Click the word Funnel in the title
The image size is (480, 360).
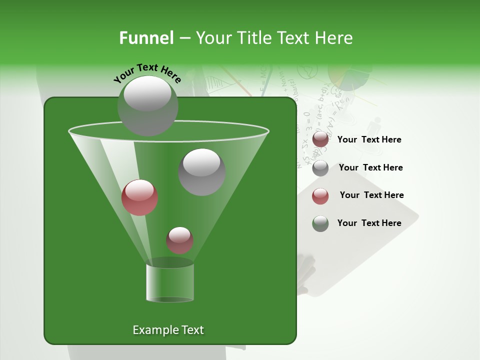click(146, 38)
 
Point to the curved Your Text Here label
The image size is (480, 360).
click(147, 73)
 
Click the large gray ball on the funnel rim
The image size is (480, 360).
click(147, 105)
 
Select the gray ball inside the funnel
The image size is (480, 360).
click(202, 171)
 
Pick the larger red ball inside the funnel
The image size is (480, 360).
click(140, 197)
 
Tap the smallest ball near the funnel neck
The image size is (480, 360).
click(179, 240)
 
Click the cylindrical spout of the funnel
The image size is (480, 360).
click(170, 283)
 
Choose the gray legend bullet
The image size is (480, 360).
click(320, 168)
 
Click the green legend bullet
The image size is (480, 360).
click(320, 223)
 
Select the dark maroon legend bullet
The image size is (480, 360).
click(320, 139)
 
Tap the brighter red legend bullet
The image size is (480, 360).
click(320, 196)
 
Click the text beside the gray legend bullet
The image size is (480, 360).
click(370, 167)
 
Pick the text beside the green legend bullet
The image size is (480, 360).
click(369, 223)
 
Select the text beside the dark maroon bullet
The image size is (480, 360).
click(369, 139)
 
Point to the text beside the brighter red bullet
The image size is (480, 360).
click(371, 195)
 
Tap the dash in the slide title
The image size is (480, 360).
click(184, 38)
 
